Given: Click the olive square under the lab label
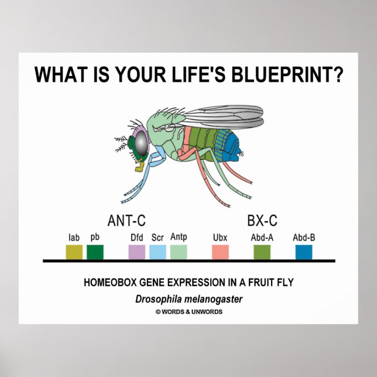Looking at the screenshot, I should [x=74, y=252].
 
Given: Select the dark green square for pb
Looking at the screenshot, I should [x=95, y=252].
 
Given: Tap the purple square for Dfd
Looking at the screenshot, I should [x=136, y=252].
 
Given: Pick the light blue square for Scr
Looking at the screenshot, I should [x=157, y=252].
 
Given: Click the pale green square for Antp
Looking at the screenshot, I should [x=179, y=252].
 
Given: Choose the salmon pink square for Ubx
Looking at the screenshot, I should [x=220, y=252].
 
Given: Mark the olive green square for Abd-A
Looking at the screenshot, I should [x=262, y=252].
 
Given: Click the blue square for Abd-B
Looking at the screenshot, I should [x=303, y=252].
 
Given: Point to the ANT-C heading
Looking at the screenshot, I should [x=126, y=221].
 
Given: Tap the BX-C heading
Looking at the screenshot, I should [x=262, y=221].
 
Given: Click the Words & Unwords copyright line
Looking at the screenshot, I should [x=188, y=312].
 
